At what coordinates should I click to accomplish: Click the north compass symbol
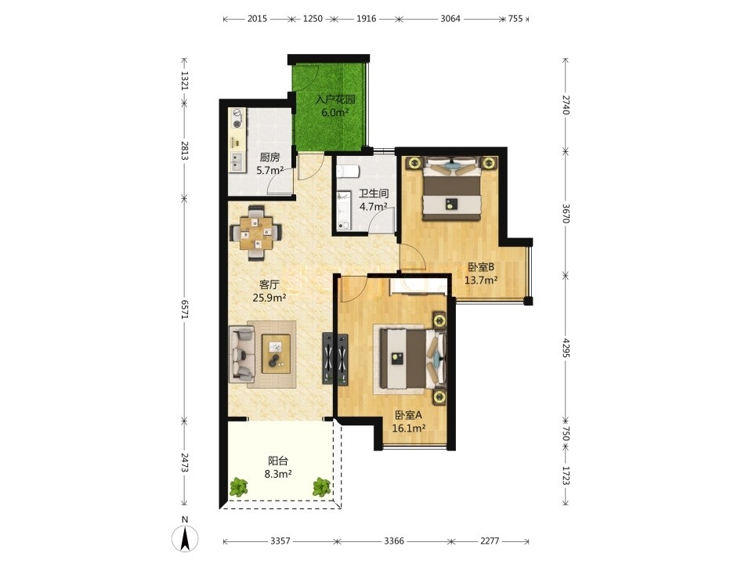coord(185,534)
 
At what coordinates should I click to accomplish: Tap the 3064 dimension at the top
coord(450,19)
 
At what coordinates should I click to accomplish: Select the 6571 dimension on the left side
coord(185,309)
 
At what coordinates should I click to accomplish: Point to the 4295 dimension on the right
coord(566,348)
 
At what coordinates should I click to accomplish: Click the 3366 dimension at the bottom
coord(394,541)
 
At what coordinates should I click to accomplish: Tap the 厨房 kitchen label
coord(269,157)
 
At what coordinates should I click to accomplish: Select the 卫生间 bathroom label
coord(374,193)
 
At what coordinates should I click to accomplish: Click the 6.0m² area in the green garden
coord(334,113)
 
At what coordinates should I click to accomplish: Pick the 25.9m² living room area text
coord(269,298)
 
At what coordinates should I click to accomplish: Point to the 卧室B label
coord(480,267)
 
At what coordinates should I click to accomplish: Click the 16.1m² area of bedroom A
coord(409,428)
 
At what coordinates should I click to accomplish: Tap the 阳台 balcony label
coord(277,461)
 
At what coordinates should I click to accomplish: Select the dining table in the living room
coord(256,233)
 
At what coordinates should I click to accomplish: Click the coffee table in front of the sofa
coord(276,354)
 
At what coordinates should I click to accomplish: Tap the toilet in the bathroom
coord(347,172)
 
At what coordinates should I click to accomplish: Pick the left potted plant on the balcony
coord(238,487)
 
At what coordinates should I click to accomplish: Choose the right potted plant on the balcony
coord(321,487)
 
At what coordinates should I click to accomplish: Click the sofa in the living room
coord(242,354)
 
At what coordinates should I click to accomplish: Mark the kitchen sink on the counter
coord(236,161)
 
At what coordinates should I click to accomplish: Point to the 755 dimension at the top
coord(515,19)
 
